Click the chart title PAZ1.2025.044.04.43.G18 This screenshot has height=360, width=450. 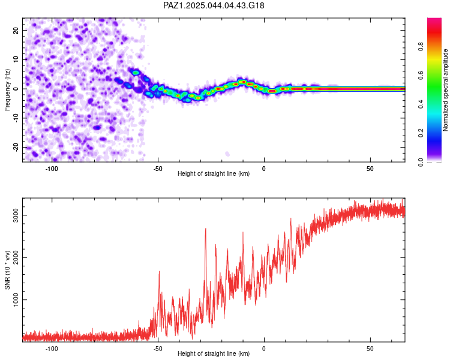pyautogui.click(x=214, y=5)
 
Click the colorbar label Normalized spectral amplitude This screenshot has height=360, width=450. pyautogui.click(x=445, y=90)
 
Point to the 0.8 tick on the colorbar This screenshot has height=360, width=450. pyautogui.click(x=421, y=46)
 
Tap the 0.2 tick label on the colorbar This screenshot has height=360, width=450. pyautogui.click(x=421, y=133)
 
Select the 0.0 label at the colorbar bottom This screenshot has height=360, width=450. pyautogui.click(x=421, y=163)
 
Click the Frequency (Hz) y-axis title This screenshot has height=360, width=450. pyautogui.click(x=7, y=90)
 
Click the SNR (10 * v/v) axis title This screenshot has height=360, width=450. pyautogui.click(x=7, y=270)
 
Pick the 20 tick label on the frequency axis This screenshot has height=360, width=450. pyautogui.click(x=16, y=30)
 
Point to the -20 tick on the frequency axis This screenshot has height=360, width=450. pyautogui.click(x=16, y=148)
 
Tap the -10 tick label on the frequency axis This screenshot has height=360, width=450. pyautogui.click(x=16, y=118)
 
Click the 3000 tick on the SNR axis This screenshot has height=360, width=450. pyautogui.click(x=16, y=215)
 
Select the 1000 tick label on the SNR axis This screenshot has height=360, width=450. pyautogui.click(x=16, y=300)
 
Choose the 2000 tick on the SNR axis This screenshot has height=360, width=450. pyautogui.click(x=16, y=257)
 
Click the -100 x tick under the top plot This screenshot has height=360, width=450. pyautogui.click(x=52, y=169)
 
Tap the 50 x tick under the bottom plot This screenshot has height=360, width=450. pyautogui.click(x=370, y=349)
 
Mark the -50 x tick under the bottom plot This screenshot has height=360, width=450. pyautogui.click(x=158, y=349)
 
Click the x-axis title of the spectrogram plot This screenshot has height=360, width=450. pyautogui.click(x=214, y=173)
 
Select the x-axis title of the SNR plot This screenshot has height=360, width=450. pyautogui.click(x=214, y=353)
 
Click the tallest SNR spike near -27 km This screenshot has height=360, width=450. pyautogui.click(x=205, y=229)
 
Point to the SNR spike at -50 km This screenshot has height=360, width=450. pyautogui.click(x=159, y=271)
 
